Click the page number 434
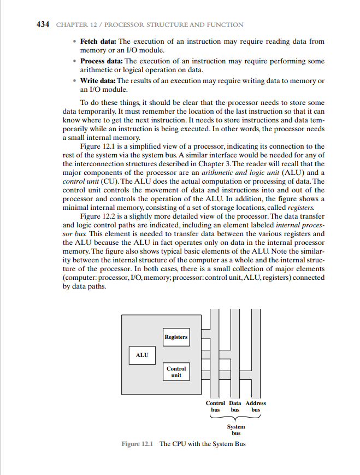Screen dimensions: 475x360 coord(43,25)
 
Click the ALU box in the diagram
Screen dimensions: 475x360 coord(142,355)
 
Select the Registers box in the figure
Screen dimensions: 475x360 coord(176,337)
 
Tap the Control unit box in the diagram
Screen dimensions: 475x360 coord(176,372)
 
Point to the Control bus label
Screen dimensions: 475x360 coord(215,406)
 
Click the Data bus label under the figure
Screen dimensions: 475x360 coord(235,406)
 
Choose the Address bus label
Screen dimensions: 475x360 coord(256,406)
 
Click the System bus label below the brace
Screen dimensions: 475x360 coord(236,430)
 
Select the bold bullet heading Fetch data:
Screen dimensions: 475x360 coord(98,42)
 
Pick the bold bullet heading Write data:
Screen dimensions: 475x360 coord(98,81)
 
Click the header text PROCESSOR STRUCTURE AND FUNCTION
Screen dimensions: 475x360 coord(174,25)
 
